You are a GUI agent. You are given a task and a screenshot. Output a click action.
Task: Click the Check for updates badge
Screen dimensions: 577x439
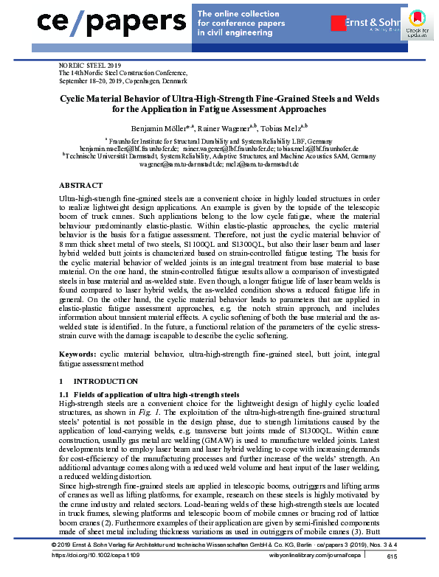[x=418, y=24]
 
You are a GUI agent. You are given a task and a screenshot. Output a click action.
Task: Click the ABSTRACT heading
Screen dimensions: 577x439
[x=80, y=185]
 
